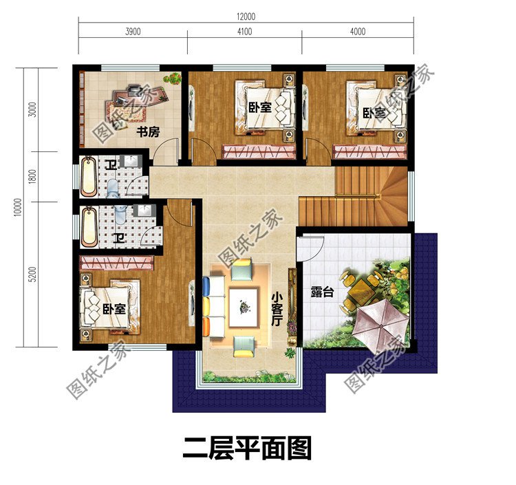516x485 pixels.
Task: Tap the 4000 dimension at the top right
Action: (358, 32)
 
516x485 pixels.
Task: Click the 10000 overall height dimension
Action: (16, 207)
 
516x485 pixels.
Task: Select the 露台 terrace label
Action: (322, 292)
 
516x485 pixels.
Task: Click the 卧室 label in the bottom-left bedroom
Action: (115, 310)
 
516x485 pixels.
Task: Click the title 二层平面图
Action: (247, 448)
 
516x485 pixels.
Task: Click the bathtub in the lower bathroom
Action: (90, 227)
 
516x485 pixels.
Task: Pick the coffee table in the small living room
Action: (244, 305)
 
